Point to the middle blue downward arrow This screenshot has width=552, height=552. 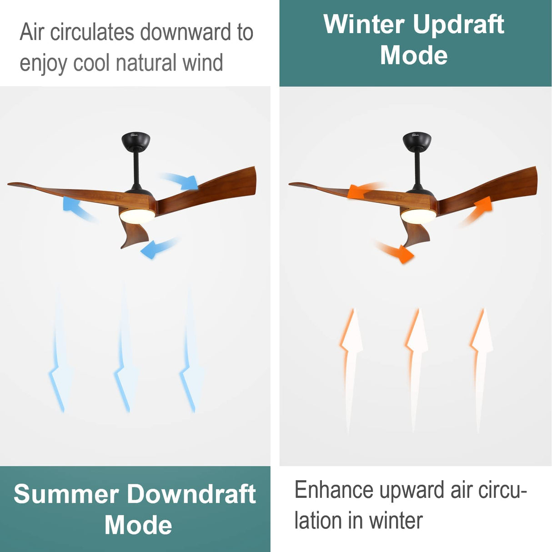click(x=125, y=350)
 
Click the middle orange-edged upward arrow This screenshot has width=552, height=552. click(x=416, y=364)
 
